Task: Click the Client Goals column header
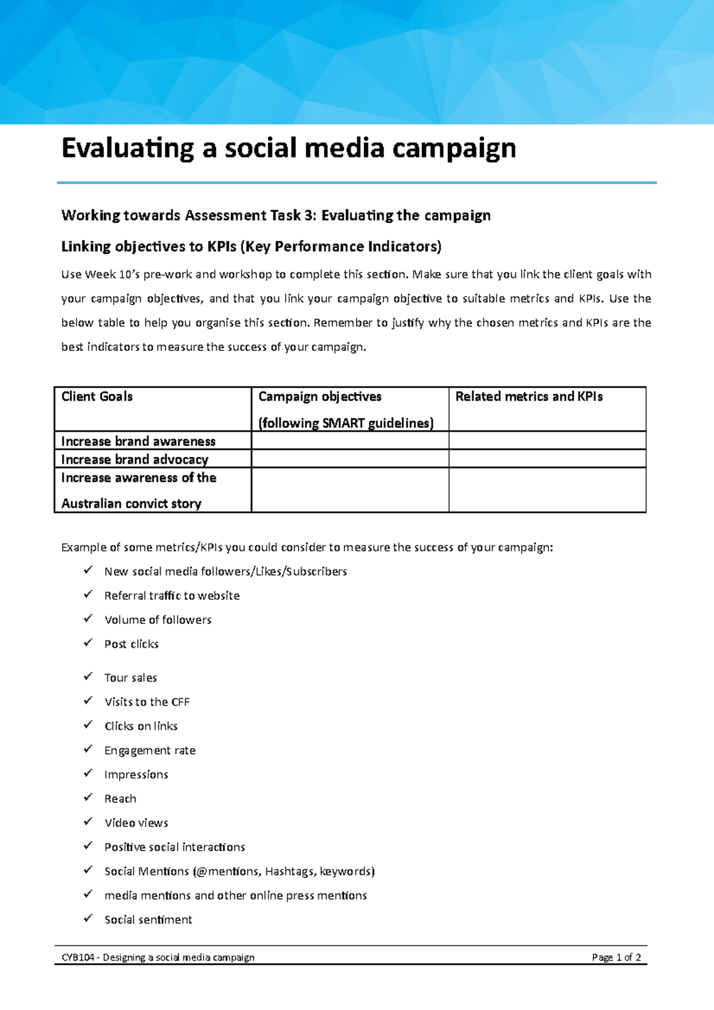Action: click(97, 397)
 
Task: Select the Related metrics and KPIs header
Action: click(529, 397)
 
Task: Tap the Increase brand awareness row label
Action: click(138, 441)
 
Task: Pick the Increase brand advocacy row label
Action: click(134, 459)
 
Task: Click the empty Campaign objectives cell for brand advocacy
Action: click(350, 459)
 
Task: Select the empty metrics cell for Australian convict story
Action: click(547, 490)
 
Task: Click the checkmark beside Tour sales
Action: click(88, 676)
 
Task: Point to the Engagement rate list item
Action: click(150, 751)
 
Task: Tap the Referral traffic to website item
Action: click(172, 596)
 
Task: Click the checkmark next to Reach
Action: click(88, 797)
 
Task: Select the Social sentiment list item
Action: click(148, 920)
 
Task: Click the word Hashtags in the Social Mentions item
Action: click(290, 871)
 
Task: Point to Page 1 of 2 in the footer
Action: click(616, 958)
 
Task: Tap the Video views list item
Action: click(136, 823)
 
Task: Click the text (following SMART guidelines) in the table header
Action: click(346, 423)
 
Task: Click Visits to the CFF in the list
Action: click(147, 702)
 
